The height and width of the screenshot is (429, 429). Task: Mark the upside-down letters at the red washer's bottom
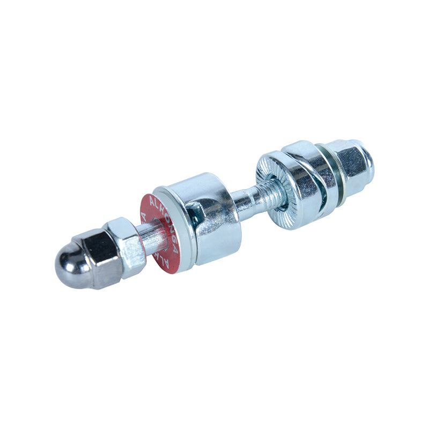pyautogui.click(x=161, y=257)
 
